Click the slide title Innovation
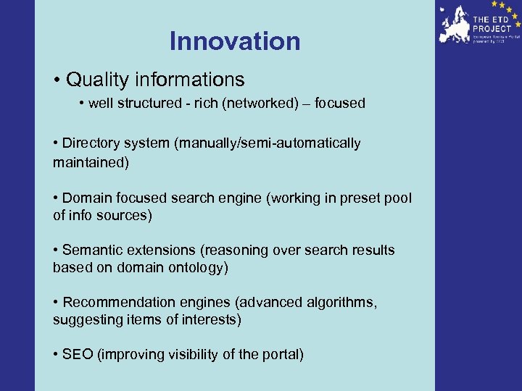234,41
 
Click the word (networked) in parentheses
260,104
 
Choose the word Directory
92,143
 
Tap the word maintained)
90,162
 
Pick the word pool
397,198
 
